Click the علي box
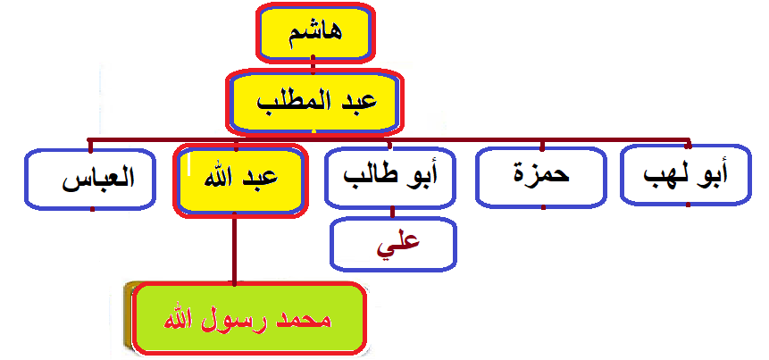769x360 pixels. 394,242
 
